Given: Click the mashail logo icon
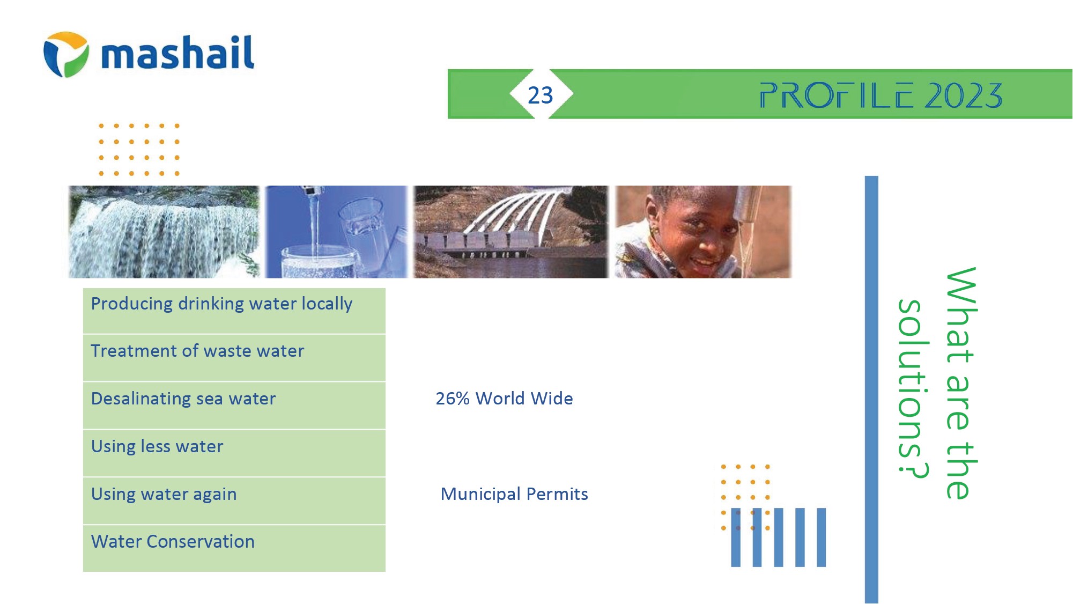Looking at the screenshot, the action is pos(66,54).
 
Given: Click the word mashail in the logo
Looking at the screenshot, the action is pos(177,53).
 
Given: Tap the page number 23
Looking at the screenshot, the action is pos(540,95).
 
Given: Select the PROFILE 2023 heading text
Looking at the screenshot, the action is pos(881,95).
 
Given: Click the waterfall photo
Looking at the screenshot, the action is pos(164,232).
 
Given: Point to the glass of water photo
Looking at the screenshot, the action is pos(336,232).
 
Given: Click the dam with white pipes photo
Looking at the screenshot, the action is pos(510,232).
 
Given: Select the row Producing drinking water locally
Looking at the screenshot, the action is pos(234,311).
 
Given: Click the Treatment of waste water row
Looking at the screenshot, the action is pos(234,358).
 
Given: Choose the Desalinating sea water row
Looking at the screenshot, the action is pos(234,406).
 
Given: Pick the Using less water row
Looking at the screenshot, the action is pos(234,453).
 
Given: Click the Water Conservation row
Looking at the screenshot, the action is pos(234,548).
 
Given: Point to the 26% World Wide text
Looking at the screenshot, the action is pos(504,399).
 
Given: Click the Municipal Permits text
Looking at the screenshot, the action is pos(514,494).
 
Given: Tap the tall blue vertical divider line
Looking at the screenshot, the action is pos(871,389).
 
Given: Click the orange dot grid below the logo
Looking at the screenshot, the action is pos(139,150).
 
